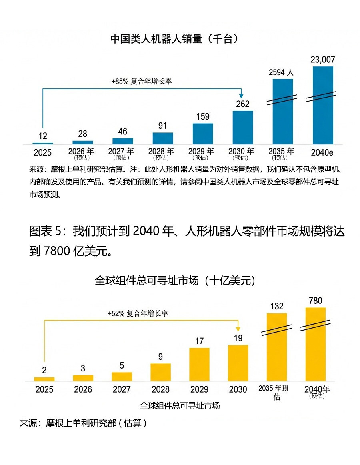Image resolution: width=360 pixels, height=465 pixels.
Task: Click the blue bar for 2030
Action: pos(243,127)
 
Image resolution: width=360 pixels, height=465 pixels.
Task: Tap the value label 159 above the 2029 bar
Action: pos(203,117)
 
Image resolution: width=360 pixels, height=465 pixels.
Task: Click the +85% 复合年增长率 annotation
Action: pos(142,81)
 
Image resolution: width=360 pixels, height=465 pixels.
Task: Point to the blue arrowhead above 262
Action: pos(242,96)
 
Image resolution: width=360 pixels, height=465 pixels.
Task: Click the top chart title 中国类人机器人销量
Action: pos(174,39)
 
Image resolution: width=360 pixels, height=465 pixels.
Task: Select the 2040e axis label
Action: pos(323,152)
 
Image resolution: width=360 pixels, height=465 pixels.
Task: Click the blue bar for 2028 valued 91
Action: pos(163,138)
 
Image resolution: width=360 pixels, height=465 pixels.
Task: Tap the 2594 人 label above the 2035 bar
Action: pos(281,72)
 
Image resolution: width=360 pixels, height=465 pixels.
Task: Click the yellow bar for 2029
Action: pos(199,364)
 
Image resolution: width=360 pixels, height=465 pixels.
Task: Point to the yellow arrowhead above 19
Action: pos(238,328)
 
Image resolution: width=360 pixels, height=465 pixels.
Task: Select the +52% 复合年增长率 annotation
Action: pos(138,313)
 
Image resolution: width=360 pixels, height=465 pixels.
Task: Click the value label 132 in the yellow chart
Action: pos(277,306)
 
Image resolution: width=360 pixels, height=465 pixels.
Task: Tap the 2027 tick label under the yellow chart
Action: pos(122,389)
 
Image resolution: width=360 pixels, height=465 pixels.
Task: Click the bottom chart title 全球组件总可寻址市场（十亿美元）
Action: pos(174,280)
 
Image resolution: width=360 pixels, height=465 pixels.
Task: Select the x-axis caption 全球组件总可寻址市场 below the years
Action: pos(180,405)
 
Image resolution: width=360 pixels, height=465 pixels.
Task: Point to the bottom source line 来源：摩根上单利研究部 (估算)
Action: pos(83,423)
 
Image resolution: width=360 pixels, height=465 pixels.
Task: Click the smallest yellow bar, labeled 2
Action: pos(44,379)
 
